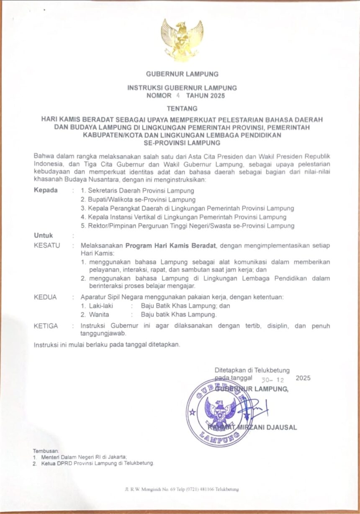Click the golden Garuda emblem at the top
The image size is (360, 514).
[x=182, y=39]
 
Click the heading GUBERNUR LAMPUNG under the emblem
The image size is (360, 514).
[x=182, y=74]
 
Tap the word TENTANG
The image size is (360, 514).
[x=182, y=109]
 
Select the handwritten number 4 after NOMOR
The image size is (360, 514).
[x=177, y=96]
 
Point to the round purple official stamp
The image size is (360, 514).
[x=219, y=411]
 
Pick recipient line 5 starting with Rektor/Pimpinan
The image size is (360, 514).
[x=188, y=226]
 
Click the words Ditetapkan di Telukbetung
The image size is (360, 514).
[x=252, y=370]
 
